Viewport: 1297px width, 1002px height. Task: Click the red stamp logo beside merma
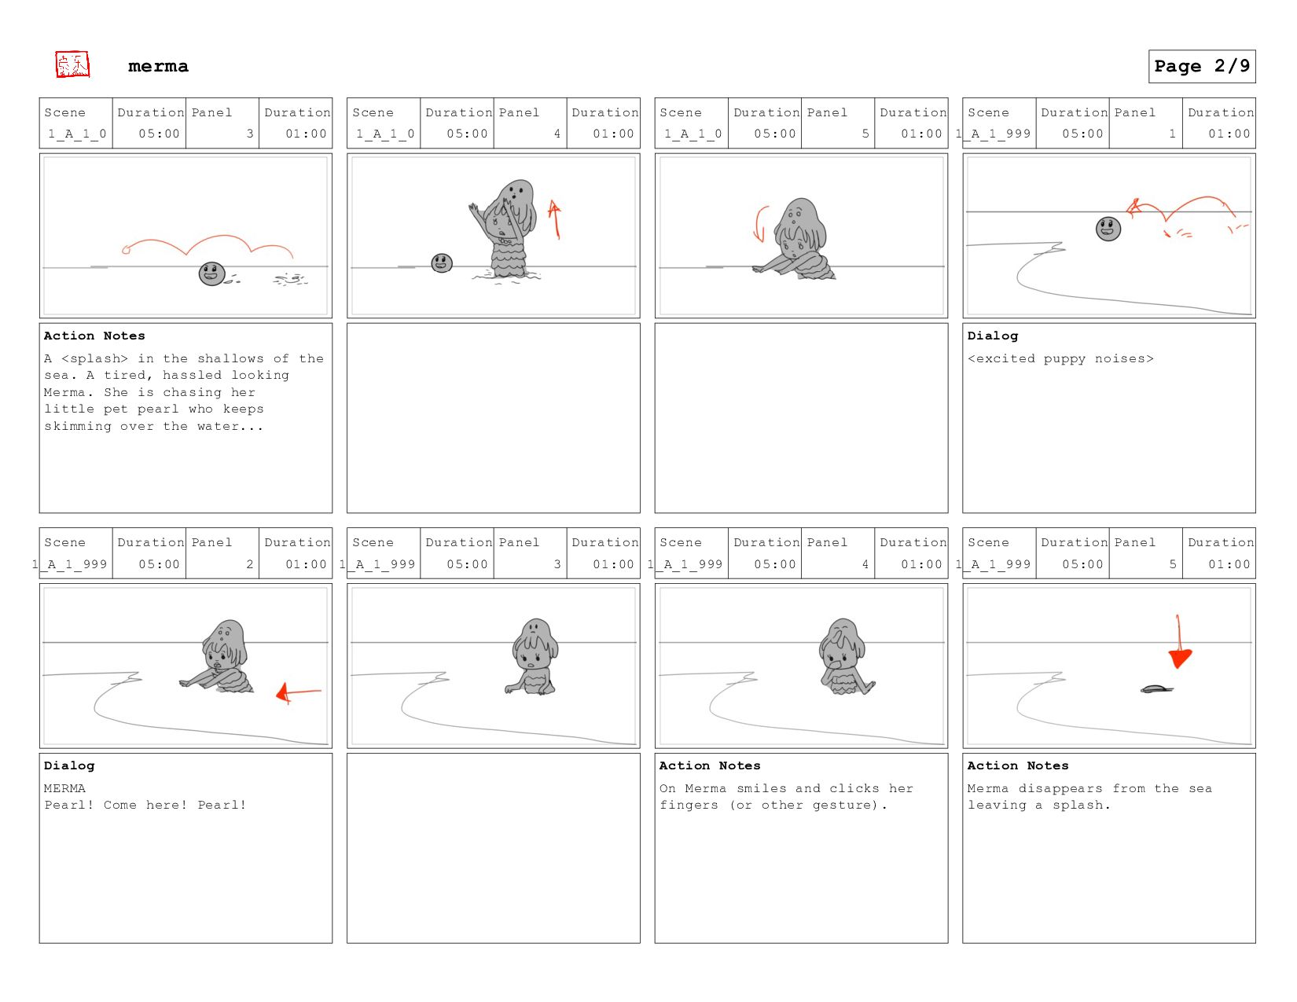tap(72, 64)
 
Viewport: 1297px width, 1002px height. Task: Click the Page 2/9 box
tap(1202, 66)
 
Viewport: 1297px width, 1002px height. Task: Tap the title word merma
tap(158, 66)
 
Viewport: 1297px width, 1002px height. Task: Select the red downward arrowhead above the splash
tap(1179, 659)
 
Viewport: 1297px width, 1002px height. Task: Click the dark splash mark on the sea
tap(1156, 689)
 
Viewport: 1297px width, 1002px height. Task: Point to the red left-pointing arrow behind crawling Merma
tap(299, 692)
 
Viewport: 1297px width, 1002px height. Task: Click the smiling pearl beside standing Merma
tap(442, 262)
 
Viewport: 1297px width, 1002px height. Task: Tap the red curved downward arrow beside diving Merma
tap(760, 224)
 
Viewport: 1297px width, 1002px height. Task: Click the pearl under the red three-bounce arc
tap(212, 274)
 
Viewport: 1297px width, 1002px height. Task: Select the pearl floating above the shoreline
tap(1108, 229)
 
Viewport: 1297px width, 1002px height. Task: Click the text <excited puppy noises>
tap(1060, 358)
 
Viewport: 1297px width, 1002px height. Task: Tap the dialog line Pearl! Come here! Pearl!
tap(145, 805)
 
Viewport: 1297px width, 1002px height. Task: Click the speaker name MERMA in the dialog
tap(64, 788)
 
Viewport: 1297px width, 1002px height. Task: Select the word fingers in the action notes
tap(689, 806)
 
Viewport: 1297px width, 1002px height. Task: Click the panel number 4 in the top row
tap(557, 134)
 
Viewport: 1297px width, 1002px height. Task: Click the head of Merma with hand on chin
tap(842, 644)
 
